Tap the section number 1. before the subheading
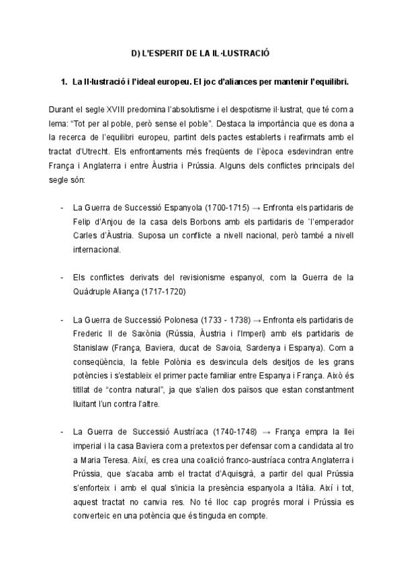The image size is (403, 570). [x=64, y=82]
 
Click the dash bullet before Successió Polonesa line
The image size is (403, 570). [x=62, y=319]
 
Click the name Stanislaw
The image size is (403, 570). [x=91, y=348]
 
